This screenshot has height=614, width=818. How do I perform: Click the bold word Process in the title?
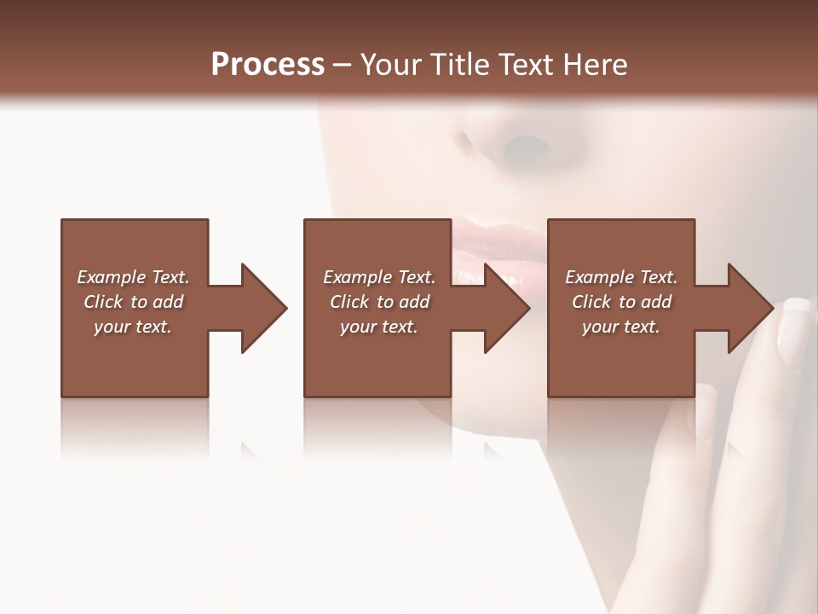tap(268, 65)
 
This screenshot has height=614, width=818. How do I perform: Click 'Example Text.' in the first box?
tap(133, 277)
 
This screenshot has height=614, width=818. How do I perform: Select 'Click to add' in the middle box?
tap(379, 302)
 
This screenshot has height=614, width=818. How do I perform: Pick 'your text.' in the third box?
tap(621, 327)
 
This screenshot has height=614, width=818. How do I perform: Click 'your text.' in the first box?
tap(133, 327)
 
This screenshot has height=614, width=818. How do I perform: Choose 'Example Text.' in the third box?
tap(621, 277)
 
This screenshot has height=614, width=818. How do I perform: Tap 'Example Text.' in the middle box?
tap(379, 277)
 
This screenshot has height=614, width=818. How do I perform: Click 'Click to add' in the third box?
tap(621, 302)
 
